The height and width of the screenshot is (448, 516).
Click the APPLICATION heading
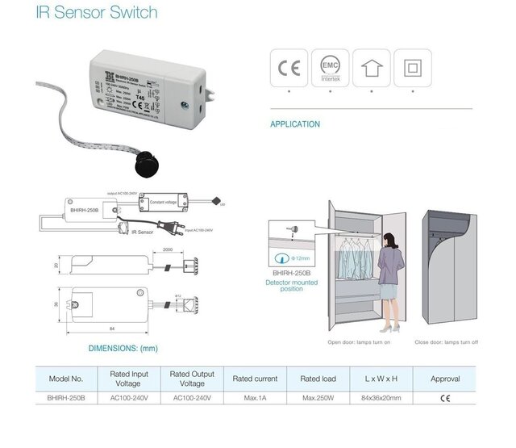tap(295, 124)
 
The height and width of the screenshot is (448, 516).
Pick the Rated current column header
tap(255, 379)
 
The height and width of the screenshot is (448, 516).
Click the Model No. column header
tap(66, 379)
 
